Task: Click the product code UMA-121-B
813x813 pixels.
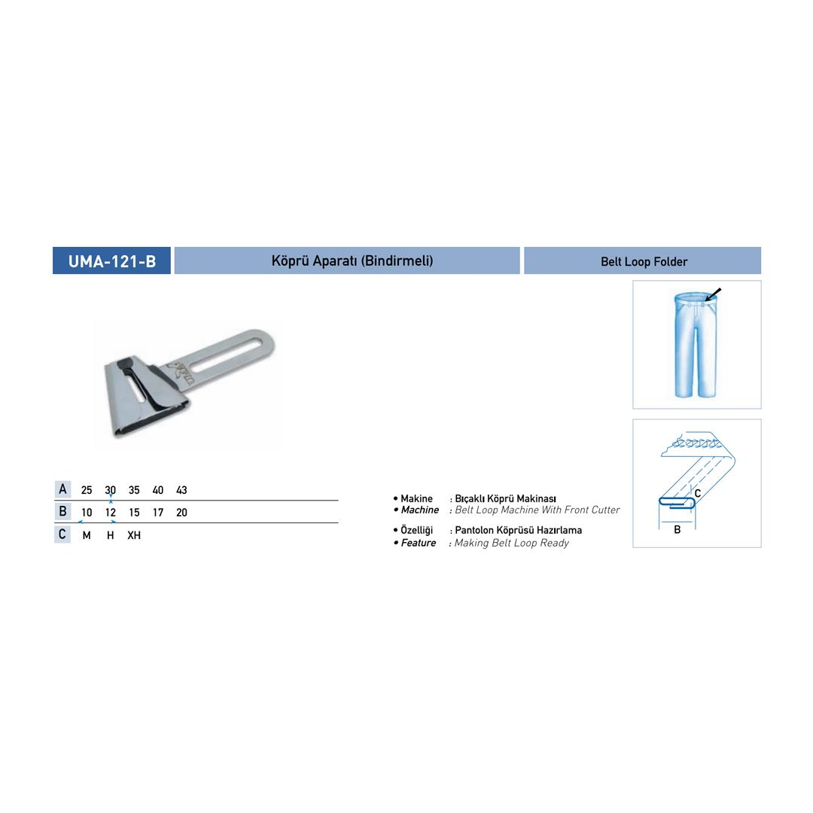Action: pos(112,260)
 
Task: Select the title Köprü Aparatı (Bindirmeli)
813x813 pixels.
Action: pos(352,260)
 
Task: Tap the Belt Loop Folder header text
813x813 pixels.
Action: pos(644,261)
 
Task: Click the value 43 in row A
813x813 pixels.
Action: pos(181,490)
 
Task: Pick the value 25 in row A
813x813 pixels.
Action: pos(87,490)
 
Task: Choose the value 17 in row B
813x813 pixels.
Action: pos(158,513)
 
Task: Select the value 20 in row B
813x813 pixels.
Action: pos(181,513)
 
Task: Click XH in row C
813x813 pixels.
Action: pos(134,535)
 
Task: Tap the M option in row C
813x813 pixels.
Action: pos(87,535)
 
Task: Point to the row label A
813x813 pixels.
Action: pos(62,489)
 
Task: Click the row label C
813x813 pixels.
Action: pos(62,534)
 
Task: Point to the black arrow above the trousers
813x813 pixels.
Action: pos(713,294)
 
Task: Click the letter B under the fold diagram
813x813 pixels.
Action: pos(677,529)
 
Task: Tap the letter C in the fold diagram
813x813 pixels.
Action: pos(698,493)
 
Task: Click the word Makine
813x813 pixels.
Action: pos(416,498)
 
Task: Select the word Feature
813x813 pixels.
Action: pos(419,543)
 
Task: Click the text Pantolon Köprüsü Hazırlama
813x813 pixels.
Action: pos(519,531)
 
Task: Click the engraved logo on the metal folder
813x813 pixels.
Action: pos(181,373)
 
